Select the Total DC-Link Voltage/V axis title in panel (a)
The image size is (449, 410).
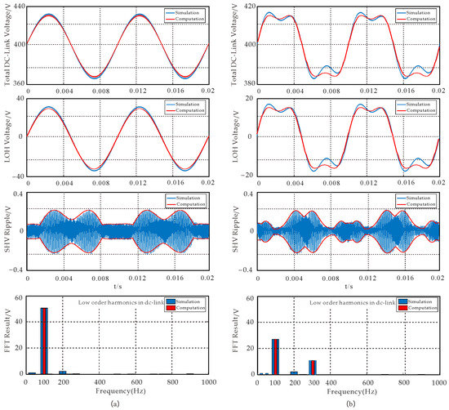[x=7, y=46]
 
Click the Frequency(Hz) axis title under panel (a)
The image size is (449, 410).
[x=117, y=390]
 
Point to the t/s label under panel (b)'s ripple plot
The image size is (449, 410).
[x=349, y=287]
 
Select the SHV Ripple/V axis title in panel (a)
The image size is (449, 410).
[x=7, y=229]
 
